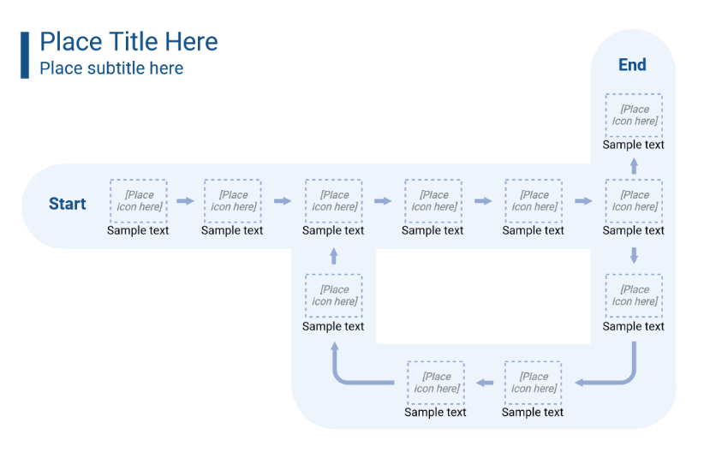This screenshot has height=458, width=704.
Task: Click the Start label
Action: (67, 204)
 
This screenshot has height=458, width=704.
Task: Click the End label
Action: (632, 65)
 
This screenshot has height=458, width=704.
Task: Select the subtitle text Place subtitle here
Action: (111, 68)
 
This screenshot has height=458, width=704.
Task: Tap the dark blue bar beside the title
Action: (25, 55)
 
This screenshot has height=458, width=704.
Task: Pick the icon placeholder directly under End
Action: (634, 115)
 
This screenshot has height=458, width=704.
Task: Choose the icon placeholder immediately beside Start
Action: (138, 201)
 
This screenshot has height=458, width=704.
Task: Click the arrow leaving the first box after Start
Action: (185, 201)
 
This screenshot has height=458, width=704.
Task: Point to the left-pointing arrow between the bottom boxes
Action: (485, 382)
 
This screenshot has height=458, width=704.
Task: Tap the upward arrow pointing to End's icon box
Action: (634, 165)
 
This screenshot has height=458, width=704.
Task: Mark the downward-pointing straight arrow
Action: (634, 254)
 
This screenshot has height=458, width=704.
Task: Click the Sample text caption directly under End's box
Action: (634, 145)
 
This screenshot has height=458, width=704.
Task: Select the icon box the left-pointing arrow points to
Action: (436, 382)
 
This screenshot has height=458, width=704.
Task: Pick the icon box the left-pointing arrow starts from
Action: (533, 382)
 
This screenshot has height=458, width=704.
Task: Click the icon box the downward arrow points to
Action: (634, 295)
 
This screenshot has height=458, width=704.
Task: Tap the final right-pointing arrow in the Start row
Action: (583, 201)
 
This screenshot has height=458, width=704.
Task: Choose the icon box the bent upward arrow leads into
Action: (333, 295)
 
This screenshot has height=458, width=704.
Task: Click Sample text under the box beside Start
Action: (138, 230)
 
